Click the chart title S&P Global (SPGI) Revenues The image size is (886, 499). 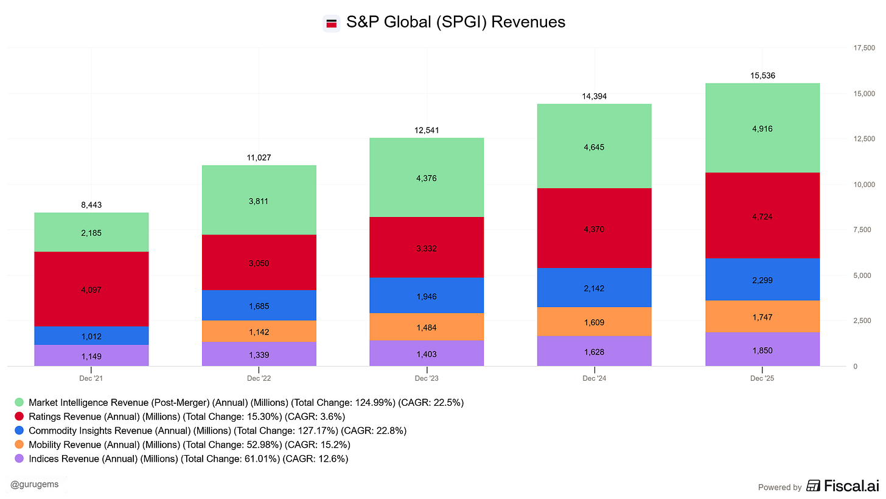(455, 23)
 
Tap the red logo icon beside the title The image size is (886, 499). (332, 23)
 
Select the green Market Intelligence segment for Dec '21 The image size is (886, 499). (91, 232)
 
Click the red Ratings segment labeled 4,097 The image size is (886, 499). (91, 289)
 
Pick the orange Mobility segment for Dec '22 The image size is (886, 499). (259, 331)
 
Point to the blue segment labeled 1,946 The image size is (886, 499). (427, 296)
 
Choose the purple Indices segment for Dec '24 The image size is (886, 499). (595, 351)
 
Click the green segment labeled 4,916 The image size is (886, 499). (762, 128)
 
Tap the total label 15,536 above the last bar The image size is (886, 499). (762, 76)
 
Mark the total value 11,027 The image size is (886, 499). (259, 157)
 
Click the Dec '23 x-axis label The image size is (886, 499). (427, 378)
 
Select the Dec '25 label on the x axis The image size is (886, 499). (762, 378)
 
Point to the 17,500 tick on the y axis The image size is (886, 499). (863, 48)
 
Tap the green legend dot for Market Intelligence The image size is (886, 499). (19, 403)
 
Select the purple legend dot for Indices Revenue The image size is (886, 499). (19, 459)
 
